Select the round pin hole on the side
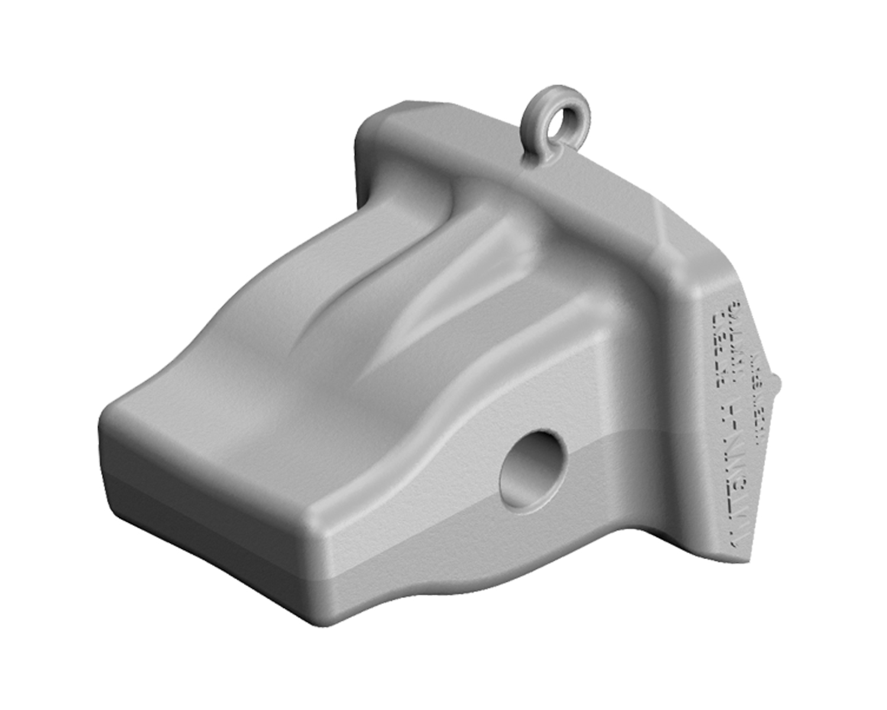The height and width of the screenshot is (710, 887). pos(532,467)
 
